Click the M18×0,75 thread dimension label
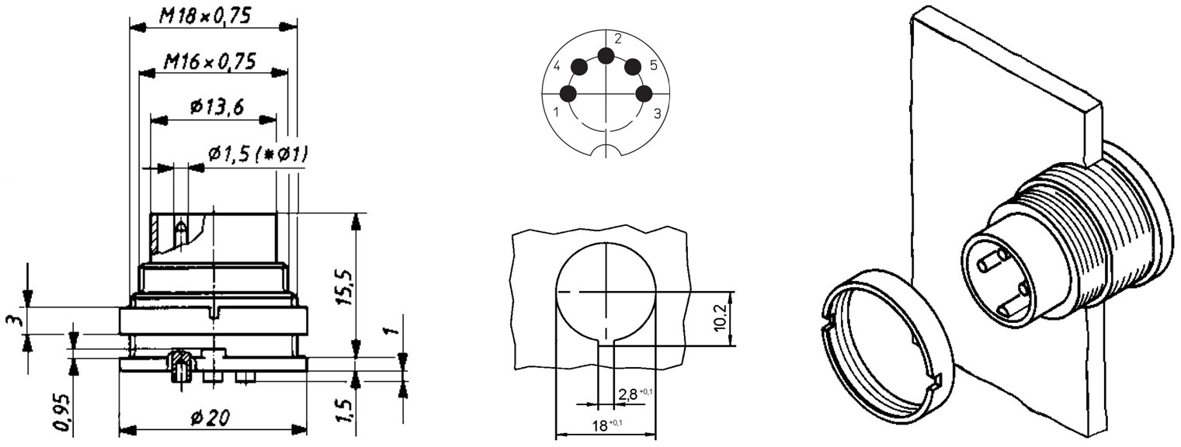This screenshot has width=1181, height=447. (205, 17)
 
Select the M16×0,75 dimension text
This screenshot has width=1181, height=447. (210, 62)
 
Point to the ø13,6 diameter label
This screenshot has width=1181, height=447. (217, 108)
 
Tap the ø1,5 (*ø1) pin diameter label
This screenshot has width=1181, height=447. (258, 154)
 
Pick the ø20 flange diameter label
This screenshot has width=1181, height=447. (210, 418)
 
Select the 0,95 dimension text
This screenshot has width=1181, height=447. (62, 411)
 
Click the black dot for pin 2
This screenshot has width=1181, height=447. (606, 55)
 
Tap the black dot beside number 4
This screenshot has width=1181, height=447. (580, 67)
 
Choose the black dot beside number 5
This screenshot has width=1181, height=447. (633, 67)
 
